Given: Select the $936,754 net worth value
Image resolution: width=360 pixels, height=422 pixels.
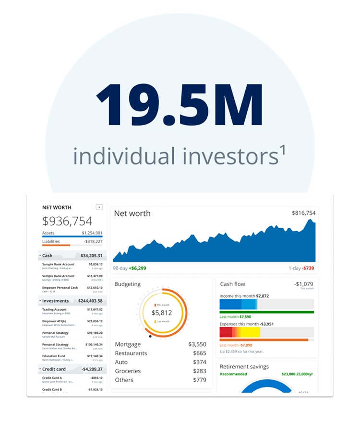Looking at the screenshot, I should pyautogui.click(x=67, y=221).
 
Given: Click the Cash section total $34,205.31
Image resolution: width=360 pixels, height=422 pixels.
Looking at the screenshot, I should pyautogui.click(x=91, y=256).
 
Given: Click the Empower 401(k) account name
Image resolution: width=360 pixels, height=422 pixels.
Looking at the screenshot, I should pyautogui.click(x=55, y=321).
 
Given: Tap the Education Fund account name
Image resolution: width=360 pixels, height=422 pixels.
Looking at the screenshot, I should pyautogui.click(x=54, y=356).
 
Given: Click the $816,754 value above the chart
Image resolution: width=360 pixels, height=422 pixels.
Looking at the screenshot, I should pyautogui.click(x=303, y=213).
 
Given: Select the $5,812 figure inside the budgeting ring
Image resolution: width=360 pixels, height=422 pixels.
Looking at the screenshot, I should pyautogui.click(x=161, y=313).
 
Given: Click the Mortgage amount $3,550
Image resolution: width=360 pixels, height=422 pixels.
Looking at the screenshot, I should pyautogui.click(x=197, y=344).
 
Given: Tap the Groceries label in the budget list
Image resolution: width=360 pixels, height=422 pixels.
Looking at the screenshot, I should pyautogui.click(x=128, y=371).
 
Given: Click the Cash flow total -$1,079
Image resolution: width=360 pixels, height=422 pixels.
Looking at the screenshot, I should pyautogui.click(x=303, y=284).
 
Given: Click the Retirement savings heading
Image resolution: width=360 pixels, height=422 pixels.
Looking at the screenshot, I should pyautogui.click(x=244, y=367).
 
